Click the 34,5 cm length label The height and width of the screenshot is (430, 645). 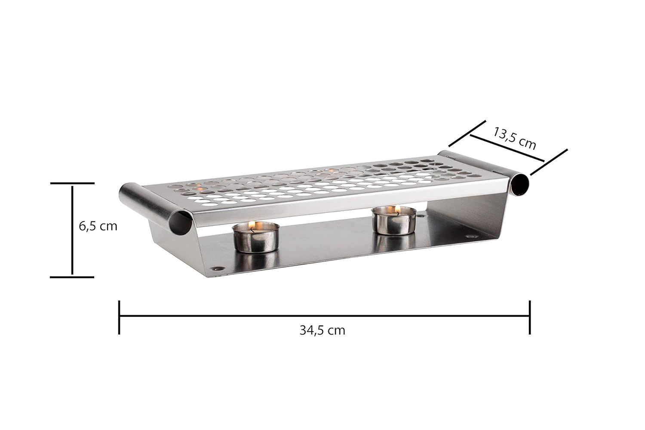[x=322, y=330]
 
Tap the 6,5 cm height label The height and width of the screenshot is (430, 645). [x=98, y=226]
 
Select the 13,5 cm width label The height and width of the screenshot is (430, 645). [x=515, y=138]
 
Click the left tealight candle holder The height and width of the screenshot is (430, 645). [x=256, y=237]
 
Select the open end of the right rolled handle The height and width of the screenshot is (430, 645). [x=520, y=184]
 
